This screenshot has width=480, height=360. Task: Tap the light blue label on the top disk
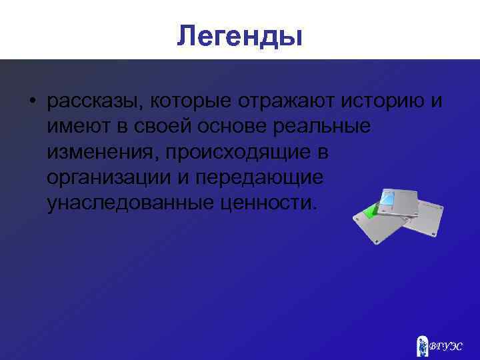[x=389, y=198]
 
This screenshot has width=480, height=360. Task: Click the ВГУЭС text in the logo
[x=446, y=347]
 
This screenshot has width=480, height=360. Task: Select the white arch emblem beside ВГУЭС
[x=421, y=345]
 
